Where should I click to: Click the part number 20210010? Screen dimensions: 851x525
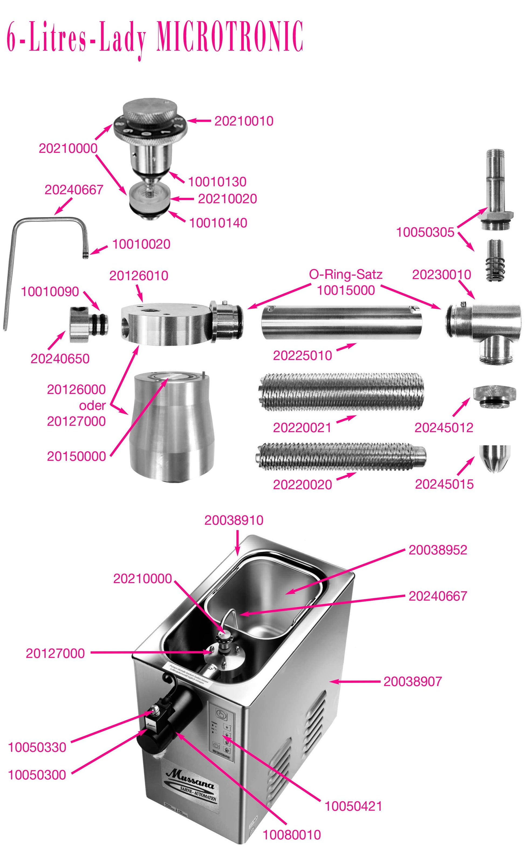coord(244,121)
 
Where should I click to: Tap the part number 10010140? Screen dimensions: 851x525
coord(218,223)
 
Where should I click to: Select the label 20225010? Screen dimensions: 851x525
coord(302,355)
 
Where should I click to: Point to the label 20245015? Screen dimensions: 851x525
coord(444,484)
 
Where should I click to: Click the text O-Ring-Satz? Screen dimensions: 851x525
coord(346,274)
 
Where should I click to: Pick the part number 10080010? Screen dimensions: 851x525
coord(292,835)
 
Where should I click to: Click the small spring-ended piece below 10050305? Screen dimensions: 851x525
coord(495,261)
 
